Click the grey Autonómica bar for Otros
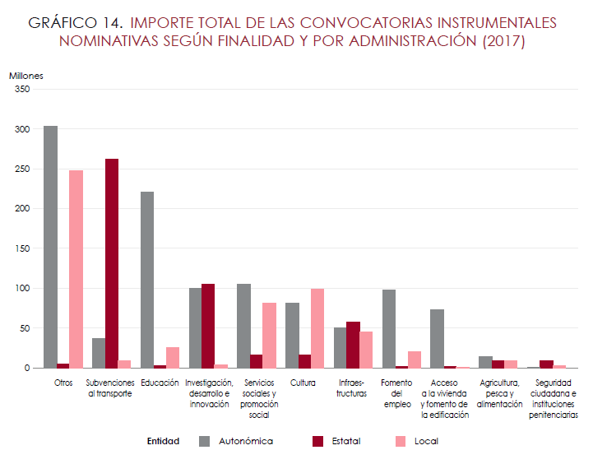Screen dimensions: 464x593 (51, 247)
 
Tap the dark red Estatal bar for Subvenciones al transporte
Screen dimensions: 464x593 (112, 263)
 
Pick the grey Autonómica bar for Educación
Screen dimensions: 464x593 (147, 280)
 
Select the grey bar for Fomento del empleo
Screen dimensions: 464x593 (389, 328)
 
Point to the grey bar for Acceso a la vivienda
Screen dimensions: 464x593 (437, 338)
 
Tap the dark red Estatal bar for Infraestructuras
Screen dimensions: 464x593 (353, 345)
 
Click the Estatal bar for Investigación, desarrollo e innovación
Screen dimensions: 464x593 (208, 326)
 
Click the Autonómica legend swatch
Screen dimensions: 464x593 (206, 441)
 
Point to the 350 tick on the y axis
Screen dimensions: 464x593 (21, 89)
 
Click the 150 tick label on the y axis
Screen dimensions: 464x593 (21, 248)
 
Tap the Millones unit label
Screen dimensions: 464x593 (26, 75)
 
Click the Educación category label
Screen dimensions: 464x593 (160, 383)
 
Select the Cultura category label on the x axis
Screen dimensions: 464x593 (303, 383)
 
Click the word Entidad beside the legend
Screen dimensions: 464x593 (163, 442)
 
